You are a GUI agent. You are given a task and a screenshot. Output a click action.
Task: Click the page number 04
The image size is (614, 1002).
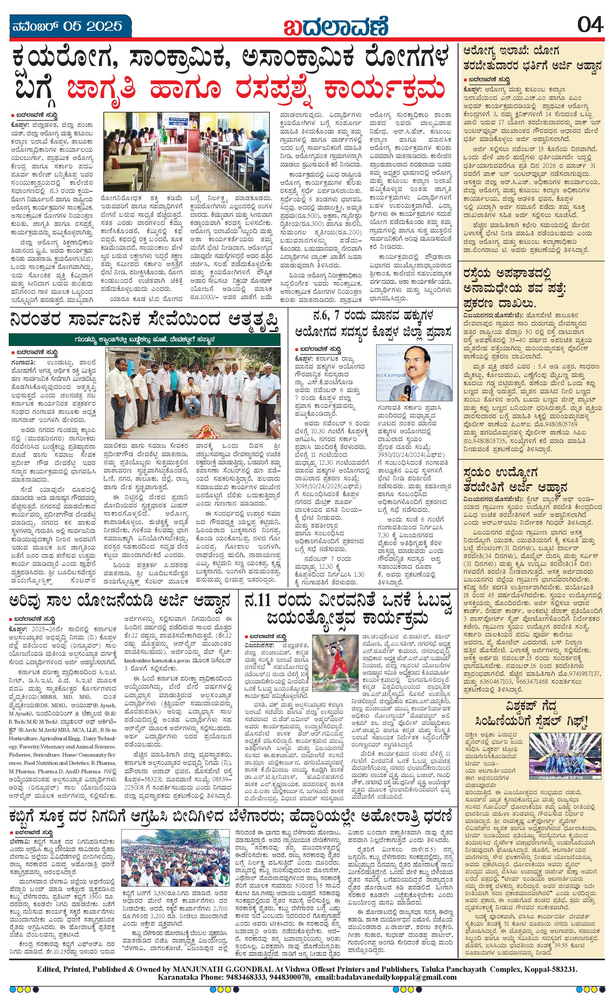590,26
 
